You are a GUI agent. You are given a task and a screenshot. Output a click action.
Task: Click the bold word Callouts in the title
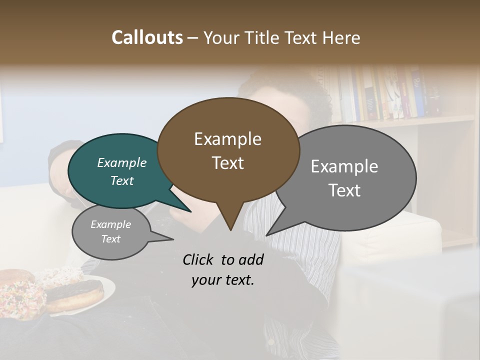pyautogui.click(x=147, y=37)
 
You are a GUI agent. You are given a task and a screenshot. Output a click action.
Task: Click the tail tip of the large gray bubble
pyautogui.click(x=266, y=235)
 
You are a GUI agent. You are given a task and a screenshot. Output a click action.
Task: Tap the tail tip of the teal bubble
pyautogui.click(x=190, y=212)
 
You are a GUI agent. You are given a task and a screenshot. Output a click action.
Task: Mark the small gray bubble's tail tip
pyautogui.click(x=173, y=240)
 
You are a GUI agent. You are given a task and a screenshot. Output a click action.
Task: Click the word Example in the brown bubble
pyautogui.click(x=227, y=139)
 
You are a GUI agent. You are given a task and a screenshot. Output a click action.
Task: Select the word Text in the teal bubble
pyautogui.click(x=121, y=180)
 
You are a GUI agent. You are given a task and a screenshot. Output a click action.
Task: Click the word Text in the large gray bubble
pyautogui.click(x=344, y=190)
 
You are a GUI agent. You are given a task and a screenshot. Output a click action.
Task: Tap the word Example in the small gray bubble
pyautogui.click(x=110, y=224)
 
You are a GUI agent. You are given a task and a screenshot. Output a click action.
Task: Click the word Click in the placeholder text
pyautogui.click(x=199, y=259)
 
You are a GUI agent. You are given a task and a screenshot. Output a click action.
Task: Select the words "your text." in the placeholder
pyautogui.click(x=222, y=280)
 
